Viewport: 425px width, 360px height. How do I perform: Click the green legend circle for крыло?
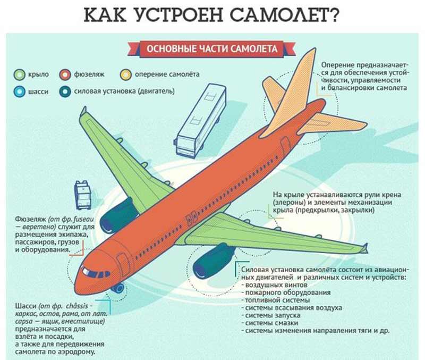[x=19, y=74]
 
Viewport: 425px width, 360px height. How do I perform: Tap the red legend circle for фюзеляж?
[x=65, y=74]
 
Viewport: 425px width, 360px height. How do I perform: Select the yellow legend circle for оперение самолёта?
[x=126, y=74]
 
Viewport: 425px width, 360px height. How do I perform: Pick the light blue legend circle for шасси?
[x=19, y=91]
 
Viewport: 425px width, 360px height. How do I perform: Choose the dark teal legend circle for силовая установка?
[x=65, y=91]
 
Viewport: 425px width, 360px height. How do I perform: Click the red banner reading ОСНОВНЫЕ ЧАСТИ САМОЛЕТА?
[x=211, y=49]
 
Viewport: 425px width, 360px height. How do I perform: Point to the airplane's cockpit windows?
[x=95, y=273]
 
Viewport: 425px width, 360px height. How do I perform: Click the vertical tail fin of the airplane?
[x=295, y=89]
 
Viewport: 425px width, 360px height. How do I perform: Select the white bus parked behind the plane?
[x=201, y=121]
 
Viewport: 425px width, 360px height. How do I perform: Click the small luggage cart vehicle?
[x=83, y=195]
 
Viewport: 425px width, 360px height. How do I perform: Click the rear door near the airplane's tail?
[x=285, y=146]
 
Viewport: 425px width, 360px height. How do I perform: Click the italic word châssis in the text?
[x=77, y=306]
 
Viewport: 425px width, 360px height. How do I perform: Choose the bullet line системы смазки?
[x=271, y=323]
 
